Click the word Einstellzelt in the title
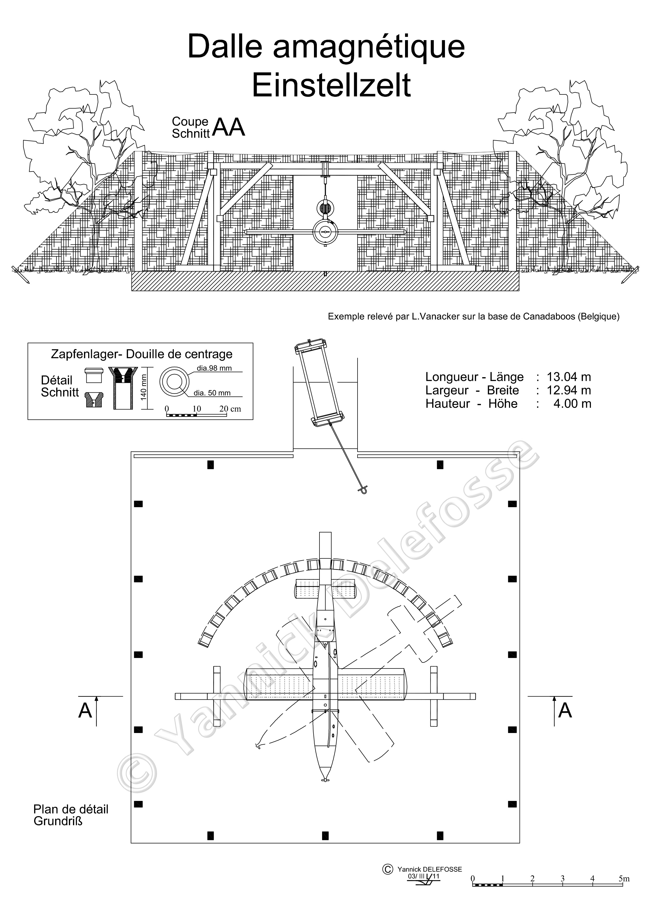(331, 85)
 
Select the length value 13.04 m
(569, 377)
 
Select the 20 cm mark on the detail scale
(230, 409)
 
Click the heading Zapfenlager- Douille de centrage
(141, 354)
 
